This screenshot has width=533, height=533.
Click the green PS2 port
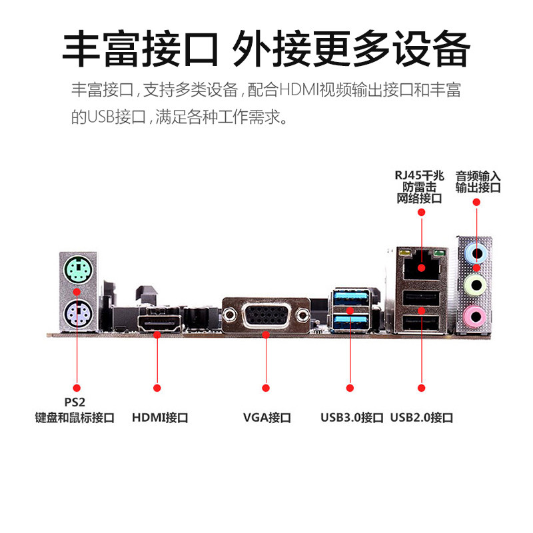click(77, 271)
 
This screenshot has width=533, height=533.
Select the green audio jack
click(475, 285)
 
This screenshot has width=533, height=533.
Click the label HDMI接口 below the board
click(160, 418)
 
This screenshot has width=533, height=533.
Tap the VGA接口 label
click(266, 418)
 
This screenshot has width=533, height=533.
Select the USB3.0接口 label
click(351, 418)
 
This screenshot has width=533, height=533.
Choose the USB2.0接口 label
click(422, 418)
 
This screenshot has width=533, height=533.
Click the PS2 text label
click(75, 402)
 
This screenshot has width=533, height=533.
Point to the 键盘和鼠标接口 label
click(75, 418)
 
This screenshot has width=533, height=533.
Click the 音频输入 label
click(478, 176)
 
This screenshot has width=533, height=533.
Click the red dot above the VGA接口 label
click(266, 387)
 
